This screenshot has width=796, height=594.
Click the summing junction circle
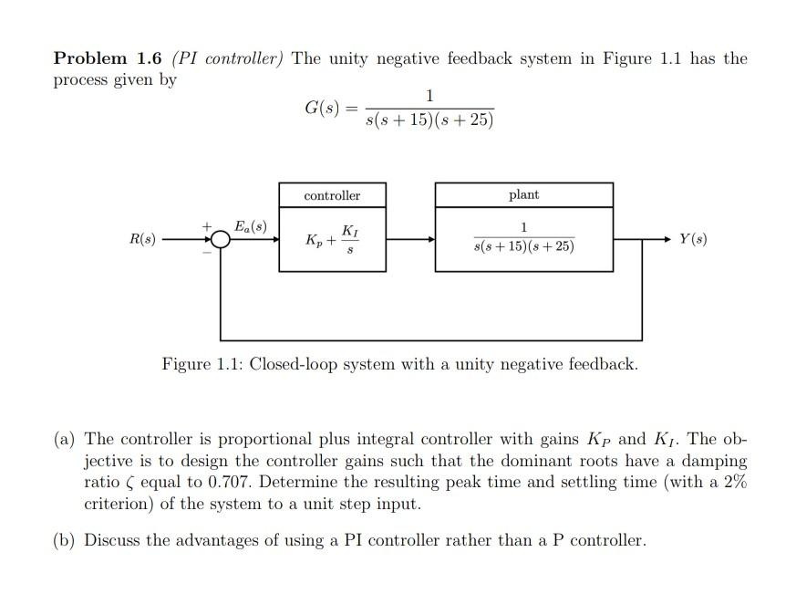click(x=220, y=239)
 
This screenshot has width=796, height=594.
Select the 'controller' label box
click(x=332, y=195)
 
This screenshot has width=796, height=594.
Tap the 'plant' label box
click(x=523, y=195)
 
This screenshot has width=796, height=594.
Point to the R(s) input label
click(x=142, y=239)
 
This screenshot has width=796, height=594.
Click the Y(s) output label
click(x=693, y=239)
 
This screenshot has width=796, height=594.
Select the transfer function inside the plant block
click(x=523, y=239)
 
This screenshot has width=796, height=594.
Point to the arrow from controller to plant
click(x=409, y=239)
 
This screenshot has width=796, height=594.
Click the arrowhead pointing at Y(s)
click(x=667, y=239)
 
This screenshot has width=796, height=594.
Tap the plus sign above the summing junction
click(x=207, y=224)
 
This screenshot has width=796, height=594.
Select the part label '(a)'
click(x=64, y=438)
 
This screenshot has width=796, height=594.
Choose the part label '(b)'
click(x=64, y=540)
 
